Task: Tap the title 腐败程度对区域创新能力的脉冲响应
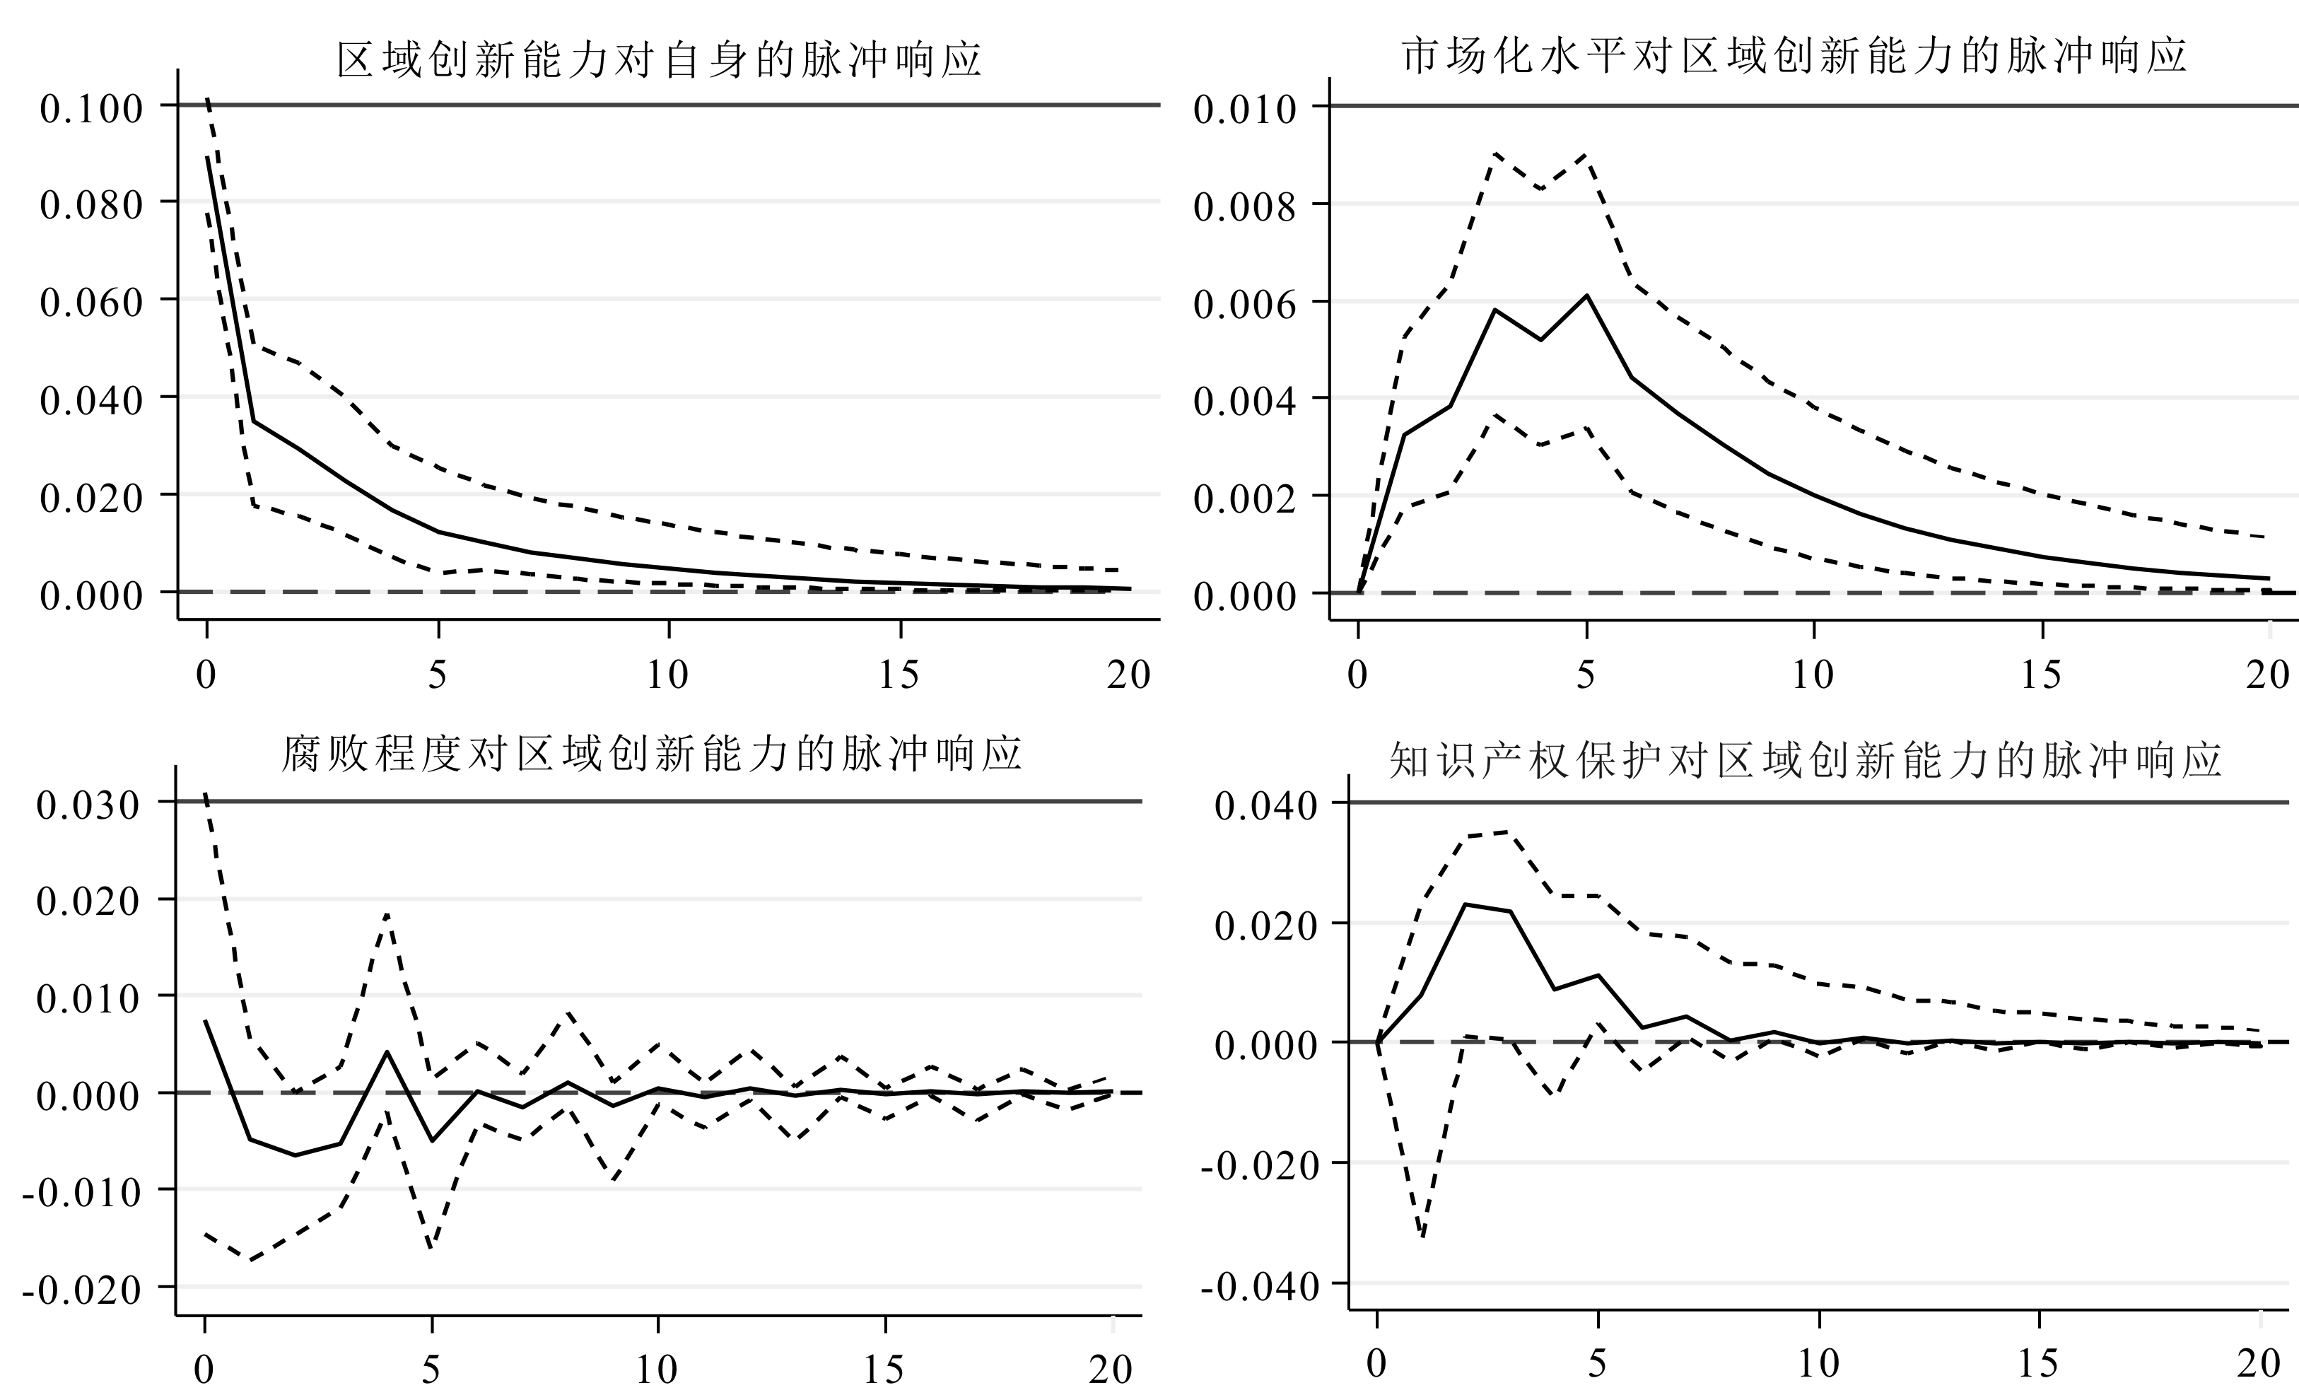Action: (651, 754)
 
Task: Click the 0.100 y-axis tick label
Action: (91, 108)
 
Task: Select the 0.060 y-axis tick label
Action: (91, 303)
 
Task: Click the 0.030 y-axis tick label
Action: (88, 805)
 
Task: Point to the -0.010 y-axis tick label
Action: (81, 1191)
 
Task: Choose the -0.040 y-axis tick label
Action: (1260, 1287)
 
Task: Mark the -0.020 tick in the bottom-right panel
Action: (1260, 1165)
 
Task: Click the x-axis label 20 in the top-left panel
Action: (1129, 674)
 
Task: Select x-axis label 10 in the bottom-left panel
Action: (657, 1369)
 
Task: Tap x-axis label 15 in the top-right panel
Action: (2040, 674)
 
